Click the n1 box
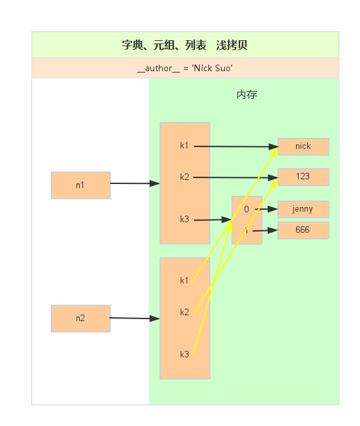coord(80,185)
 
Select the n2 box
coord(80,319)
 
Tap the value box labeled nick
coord(303,146)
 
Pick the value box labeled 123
coord(303,177)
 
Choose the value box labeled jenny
coord(303,210)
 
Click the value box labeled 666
coord(303,230)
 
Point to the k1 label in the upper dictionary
coord(185,146)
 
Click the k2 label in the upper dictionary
coord(185,177)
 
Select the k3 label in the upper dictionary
coord(185,220)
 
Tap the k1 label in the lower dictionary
coord(185,281)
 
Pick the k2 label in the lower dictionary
coord(185,312)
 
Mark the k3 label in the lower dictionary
coord(185,355)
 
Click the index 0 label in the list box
coord(247,210)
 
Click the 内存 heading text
coord(247,95)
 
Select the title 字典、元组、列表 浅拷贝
coord(185,46)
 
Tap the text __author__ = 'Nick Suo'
coord(185,68)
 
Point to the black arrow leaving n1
coord(135,183)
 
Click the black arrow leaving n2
coord(135,318)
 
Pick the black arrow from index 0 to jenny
coord(266,209)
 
